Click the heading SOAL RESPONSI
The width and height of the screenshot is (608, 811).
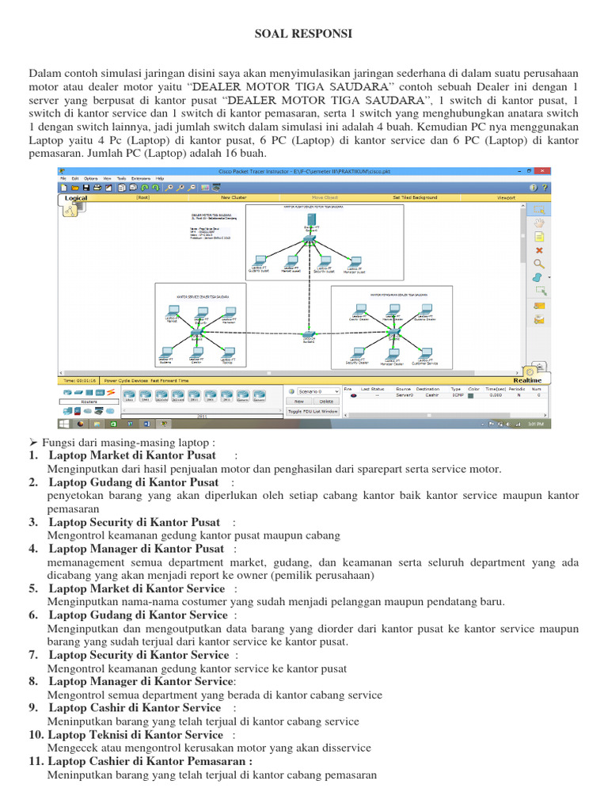303,33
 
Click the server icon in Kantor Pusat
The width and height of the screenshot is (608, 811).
310,221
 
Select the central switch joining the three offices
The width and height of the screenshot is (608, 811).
310,335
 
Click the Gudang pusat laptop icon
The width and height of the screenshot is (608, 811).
259,261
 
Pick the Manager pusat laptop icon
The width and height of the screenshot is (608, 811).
354,261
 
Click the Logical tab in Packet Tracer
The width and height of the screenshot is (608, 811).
76,199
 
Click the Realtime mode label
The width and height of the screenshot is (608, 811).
526,380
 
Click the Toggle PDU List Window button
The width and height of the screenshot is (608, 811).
312,412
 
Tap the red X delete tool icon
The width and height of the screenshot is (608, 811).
539,250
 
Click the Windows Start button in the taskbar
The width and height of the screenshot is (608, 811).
64,424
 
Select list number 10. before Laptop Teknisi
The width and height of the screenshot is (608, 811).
36,735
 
